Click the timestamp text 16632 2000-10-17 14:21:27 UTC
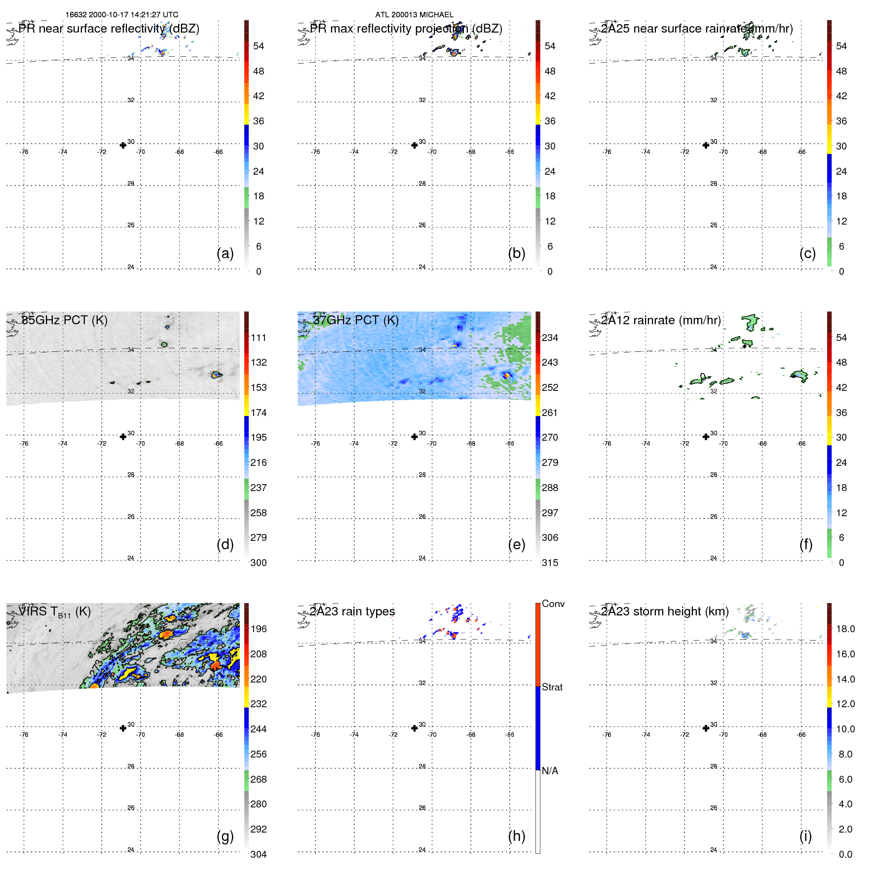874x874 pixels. tap(122, 15)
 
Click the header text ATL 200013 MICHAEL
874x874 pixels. tap(414, 15)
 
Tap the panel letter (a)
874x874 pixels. tap(225, 253)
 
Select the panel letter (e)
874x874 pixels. tap(516, 544)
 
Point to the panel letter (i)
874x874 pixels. tap(805, 836)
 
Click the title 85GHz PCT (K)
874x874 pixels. tap(64, 320)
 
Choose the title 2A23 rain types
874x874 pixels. tap(352, 611)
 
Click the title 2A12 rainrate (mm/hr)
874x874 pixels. tap(661, 320)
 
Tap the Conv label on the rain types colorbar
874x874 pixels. tap(553, 604)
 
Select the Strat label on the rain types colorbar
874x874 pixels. tap(552, 687)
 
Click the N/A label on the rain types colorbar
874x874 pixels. tap(550, 771)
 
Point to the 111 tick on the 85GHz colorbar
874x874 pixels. tap(259, 338)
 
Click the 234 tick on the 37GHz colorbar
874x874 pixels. tap(550, 338)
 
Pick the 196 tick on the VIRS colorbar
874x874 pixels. tap(259, 629)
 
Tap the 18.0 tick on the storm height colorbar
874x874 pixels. tap(845, 629)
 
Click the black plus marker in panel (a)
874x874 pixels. tap(123, 145)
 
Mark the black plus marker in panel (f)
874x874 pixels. tap(706, 437)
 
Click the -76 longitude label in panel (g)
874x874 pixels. tap(24, 735)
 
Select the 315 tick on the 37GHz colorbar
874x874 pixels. tap(550, 563)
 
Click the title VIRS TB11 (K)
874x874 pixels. tap(54, 612)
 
